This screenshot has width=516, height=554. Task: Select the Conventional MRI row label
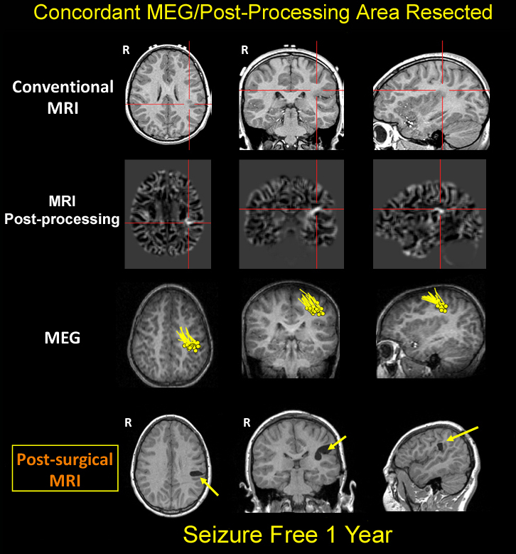[63, 96]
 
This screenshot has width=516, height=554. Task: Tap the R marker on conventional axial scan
[126, 50]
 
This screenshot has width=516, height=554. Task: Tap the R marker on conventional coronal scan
[244, 50]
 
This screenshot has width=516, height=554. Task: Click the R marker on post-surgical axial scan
[128, 422]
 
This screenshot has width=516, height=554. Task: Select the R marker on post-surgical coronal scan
[247, 422]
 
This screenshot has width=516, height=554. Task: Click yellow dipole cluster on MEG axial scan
[188, 341]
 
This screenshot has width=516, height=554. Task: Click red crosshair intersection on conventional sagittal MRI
[442, 90]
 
